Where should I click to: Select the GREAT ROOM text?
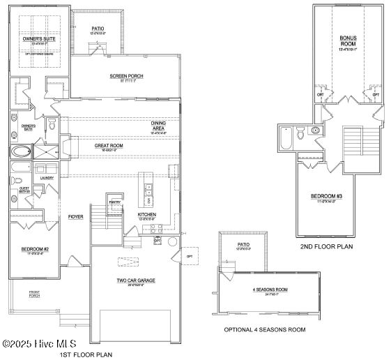[109, 146]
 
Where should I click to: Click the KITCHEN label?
[146, 215]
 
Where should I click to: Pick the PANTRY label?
[115, 202]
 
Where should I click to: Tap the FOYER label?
[76, 217]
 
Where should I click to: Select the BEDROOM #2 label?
[36, 250]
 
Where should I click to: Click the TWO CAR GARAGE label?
[135, 281]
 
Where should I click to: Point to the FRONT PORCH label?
[34, 294]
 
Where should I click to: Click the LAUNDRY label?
[47, 178]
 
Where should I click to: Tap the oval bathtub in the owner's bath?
[22, 151]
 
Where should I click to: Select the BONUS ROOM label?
[347, 42]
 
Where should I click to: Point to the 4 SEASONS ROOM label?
[270, 290]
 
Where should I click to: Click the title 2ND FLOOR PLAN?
[327, 246]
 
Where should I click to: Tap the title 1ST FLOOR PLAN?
[86, 354]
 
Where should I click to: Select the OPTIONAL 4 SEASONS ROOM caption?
[264, 329]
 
